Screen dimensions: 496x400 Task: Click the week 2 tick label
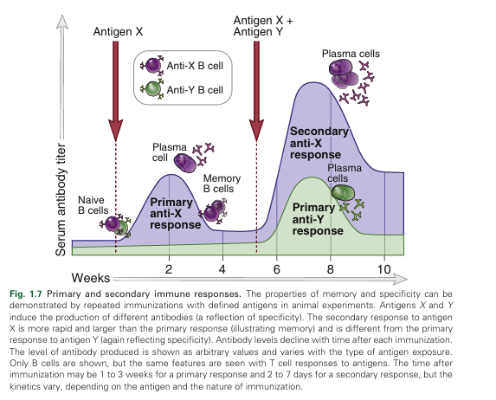(x=169, y=269)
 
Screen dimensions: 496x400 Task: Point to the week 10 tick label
(x=383, y=269)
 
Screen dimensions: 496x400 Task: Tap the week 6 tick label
(x=276, y=269)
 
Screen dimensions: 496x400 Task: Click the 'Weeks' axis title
(x=91, y=278)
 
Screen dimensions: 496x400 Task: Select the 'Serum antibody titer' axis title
(x=61, y=200)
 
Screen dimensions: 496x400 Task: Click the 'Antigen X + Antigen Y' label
(x=263, y=26)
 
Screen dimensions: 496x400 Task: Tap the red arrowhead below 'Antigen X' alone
(x=115, y=130)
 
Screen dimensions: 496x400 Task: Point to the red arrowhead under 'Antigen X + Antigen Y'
(x=256, y=130)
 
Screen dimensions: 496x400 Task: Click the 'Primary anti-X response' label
(x=175, y=213)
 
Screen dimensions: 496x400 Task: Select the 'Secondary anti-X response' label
(x=319, y=143)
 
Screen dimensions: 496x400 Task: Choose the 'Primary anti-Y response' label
(x=318, y=219)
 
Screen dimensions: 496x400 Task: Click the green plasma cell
(x=343, y=193)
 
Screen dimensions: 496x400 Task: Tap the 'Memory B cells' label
(x=222, y=184)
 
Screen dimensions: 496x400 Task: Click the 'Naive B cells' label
(x=93, y=205)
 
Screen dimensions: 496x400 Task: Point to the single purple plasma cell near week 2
(x=185, y=163)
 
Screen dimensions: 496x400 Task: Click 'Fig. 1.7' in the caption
(x=26, y=294)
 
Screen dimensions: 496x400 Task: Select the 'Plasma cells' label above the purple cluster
(x=351, y=54)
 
